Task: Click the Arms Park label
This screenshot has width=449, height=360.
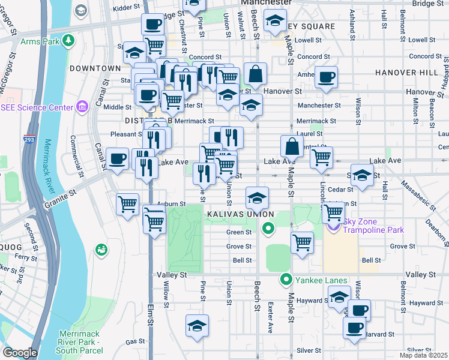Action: coord(40,41)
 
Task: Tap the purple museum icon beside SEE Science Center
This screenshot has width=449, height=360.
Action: coord(82,107)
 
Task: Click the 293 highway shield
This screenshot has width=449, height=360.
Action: coord(29,139)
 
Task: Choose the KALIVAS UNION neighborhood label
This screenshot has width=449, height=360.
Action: coord(240,214)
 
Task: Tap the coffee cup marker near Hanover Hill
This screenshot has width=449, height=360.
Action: coord(327,77)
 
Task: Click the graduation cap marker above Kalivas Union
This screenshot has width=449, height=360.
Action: coord(256,197)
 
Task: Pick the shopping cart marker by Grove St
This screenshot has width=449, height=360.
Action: coord(302,242)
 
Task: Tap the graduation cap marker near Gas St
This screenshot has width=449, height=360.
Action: coord(197,326)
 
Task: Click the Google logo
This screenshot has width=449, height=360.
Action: coord(19,353)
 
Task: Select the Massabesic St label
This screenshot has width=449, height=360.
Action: coord(417,194)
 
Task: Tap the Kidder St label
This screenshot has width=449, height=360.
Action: coord(125,8)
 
